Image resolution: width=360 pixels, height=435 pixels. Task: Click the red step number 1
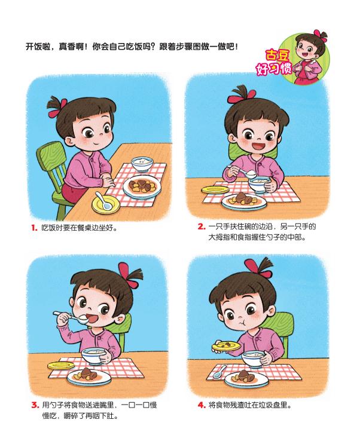(x=34, y=228)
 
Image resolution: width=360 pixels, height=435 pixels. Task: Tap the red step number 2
(x=201, y=227)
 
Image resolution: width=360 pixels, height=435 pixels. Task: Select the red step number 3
(x=35, y=405)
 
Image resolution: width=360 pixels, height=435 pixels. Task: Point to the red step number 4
(x=201, y=405)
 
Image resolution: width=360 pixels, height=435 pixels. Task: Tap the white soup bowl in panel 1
(x=141, y=164)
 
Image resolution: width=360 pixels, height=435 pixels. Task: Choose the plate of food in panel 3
(x=89, y=376)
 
